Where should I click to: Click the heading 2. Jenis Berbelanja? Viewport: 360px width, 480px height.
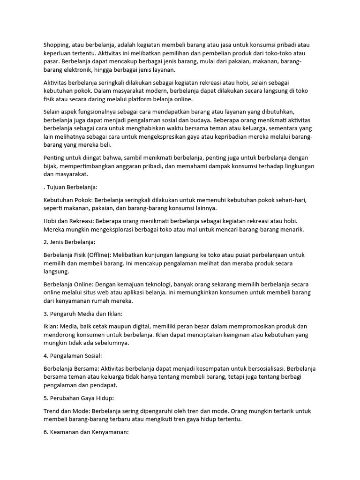click(69, 242)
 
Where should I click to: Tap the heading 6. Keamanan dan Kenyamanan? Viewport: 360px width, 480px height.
click(86, 432)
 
